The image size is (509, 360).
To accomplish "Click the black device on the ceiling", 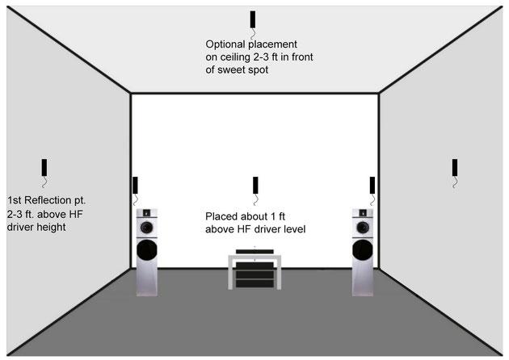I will click(x=252, y=19).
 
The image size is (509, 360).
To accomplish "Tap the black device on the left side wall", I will click(x=44, y=167).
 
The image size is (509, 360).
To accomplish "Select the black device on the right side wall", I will click(x=456, y=167).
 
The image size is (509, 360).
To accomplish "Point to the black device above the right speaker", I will click(x=372, y=184).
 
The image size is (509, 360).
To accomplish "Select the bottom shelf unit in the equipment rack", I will click(x=254, y=283).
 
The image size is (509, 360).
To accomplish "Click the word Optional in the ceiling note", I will click(x=227, y=44).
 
